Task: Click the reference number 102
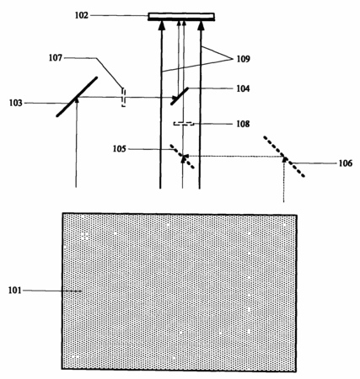coord(82,15)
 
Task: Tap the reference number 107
coord(56,58)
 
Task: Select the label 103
coord(16,103)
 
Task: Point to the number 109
coord(243,59)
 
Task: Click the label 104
coord(243,88)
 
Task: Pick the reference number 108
coord(243,124)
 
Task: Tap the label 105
coord(120,149)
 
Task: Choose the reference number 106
coord(346,163)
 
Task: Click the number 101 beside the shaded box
coord(15,291)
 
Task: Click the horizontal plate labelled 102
coord(181,17)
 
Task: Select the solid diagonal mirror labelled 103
coord(77,97)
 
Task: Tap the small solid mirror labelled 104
coord(180,96)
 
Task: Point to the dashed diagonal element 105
coord(182,157)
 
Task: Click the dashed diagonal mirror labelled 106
coord(284,157)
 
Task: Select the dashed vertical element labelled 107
coord(124,98)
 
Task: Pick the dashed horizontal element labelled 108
coord(184,124)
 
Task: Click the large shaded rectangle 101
coord(180,292)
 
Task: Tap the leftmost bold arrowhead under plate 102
coord(161,25)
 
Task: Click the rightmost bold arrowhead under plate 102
coord(201,25)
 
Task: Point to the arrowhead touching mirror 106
coord(285,159)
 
